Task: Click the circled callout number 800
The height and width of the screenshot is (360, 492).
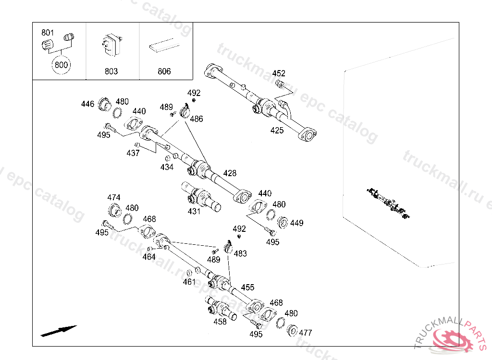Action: coord(61,65)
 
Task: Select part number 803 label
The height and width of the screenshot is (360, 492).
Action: coord(111,72)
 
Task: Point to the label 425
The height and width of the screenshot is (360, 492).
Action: coord(277,131)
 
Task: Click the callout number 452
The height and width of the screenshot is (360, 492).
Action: coord(279,73)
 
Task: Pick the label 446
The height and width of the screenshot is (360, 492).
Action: coord(87,104)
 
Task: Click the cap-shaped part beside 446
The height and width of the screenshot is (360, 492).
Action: coord(104,104)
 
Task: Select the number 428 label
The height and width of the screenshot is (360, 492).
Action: coord(230,173)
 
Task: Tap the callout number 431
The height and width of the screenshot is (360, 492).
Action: coord(194,211)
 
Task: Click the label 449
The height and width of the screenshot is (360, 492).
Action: coord(296,223)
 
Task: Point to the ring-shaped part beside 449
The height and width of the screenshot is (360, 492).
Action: coord(283,222)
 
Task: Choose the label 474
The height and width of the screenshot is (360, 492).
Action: coord(113,198)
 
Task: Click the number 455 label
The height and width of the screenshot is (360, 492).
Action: coord(247,287)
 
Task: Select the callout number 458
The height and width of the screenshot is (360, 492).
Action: coord(220,322)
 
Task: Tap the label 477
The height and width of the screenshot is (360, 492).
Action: coord(305,333)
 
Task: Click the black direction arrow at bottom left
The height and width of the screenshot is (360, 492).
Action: coord(59,331)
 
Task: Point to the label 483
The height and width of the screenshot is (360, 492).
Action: coord(240,253)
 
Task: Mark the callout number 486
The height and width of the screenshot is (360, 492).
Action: coord(197,119)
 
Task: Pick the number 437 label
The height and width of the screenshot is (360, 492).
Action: coord(133,153)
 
